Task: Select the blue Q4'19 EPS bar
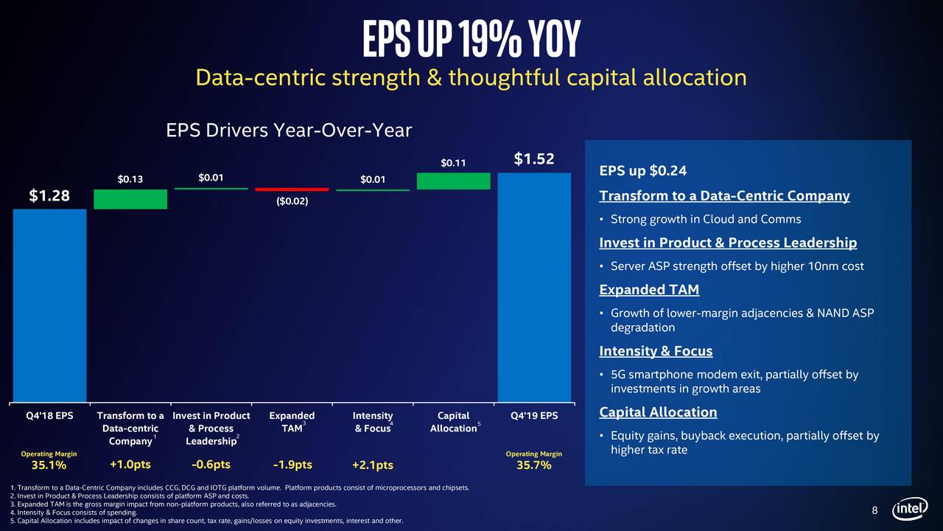534,288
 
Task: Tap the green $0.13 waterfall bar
130,199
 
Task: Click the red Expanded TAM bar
292,190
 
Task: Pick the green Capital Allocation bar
453,181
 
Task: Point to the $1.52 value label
534,159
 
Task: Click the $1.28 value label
49,195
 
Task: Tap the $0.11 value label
453,162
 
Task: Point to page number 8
874,511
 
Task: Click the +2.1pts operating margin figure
372,465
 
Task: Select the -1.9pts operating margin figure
292,465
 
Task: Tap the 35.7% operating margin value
533,465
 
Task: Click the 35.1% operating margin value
49,465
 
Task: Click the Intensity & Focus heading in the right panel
656,350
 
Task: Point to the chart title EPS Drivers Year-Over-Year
289,131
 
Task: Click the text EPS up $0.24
642,171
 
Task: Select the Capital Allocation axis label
453,422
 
